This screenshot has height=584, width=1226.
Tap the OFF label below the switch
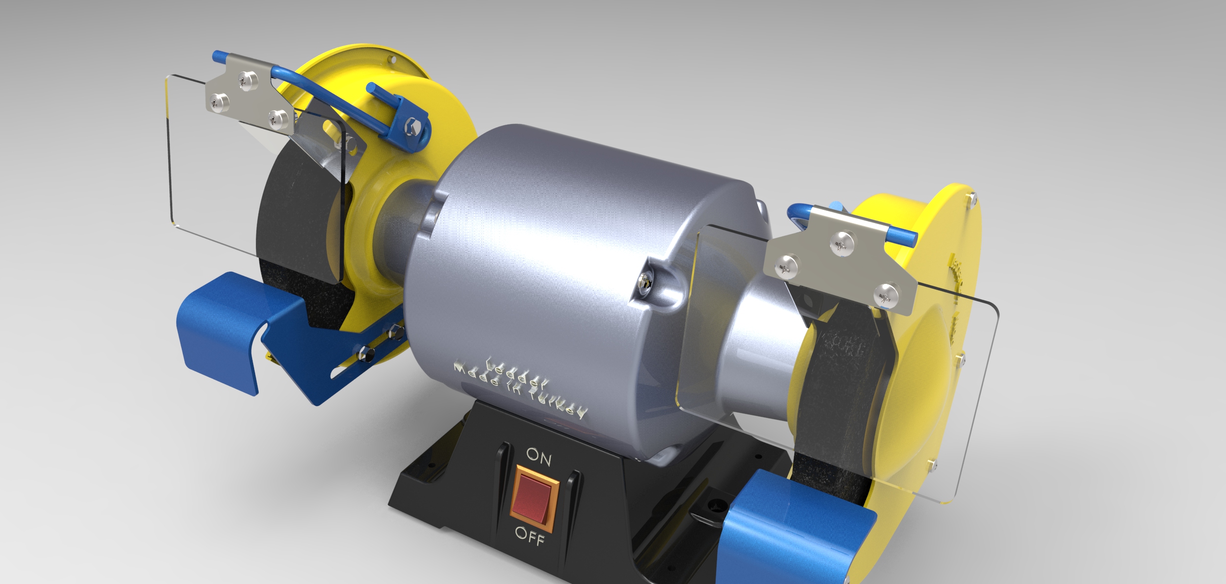pos(530,536)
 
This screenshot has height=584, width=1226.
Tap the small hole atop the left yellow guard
pos(391,59)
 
